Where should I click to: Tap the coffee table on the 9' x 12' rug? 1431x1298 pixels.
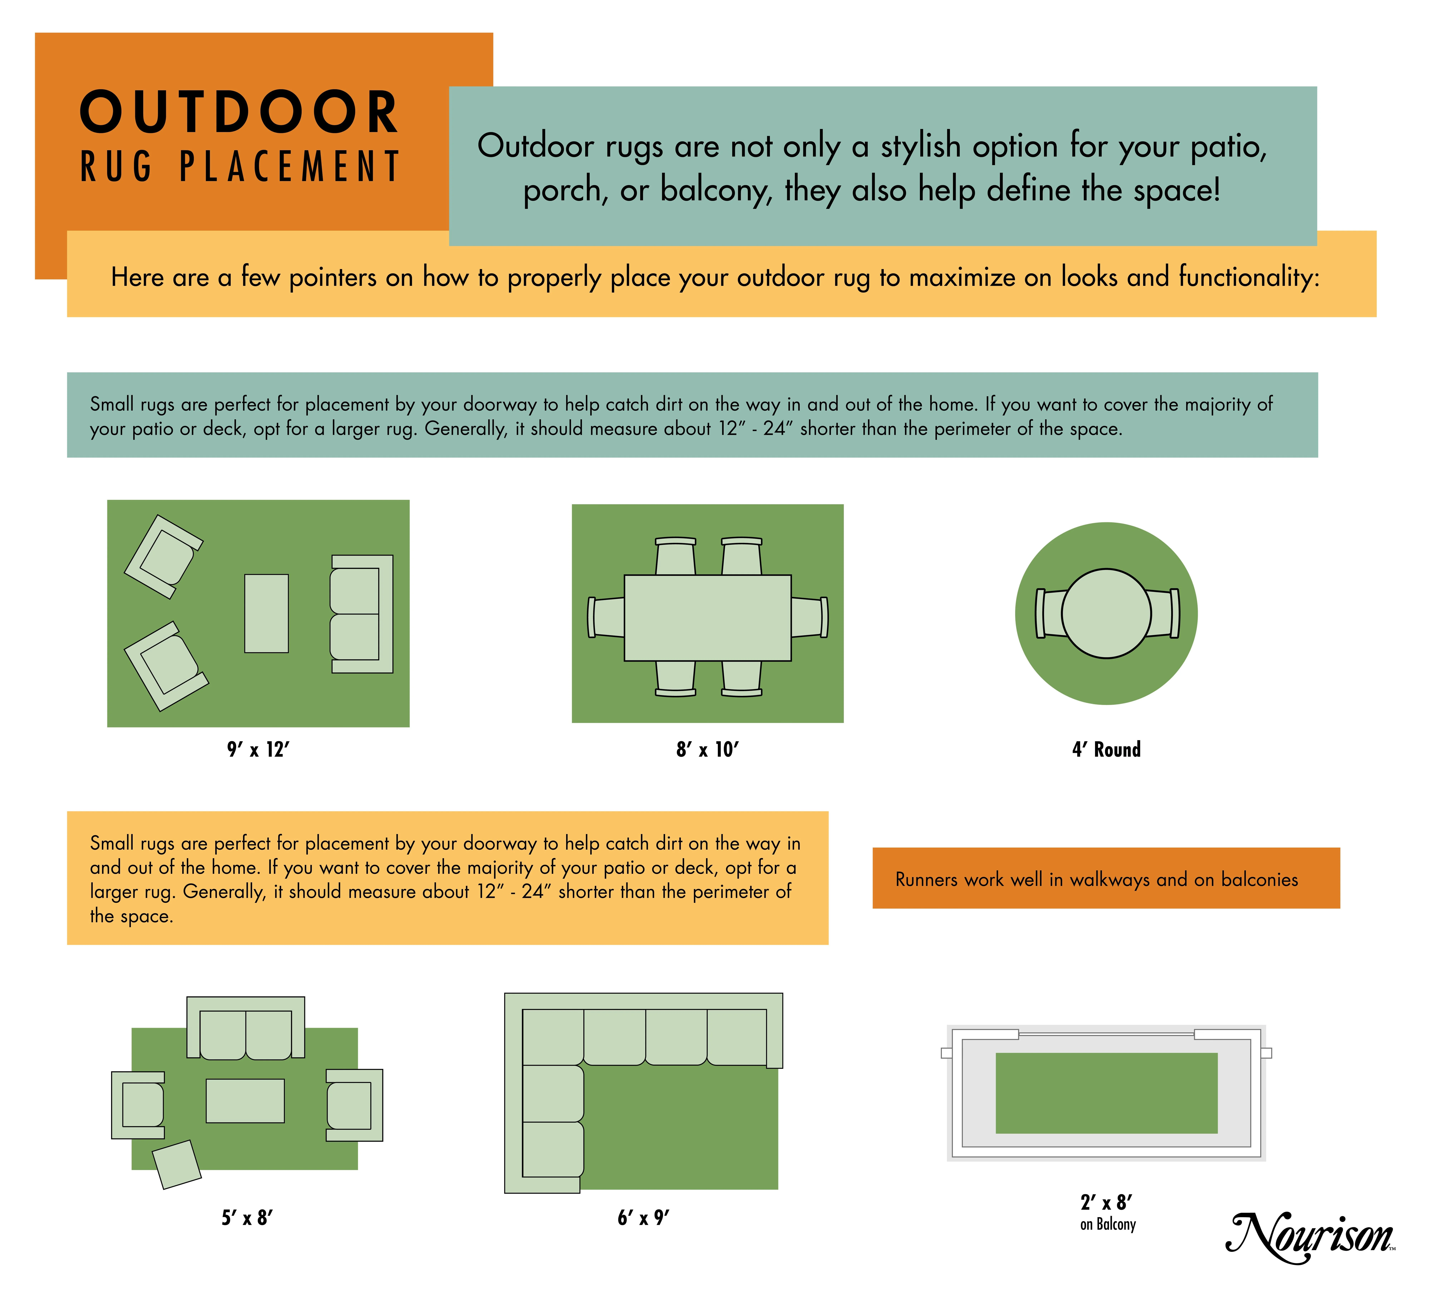(266, 613)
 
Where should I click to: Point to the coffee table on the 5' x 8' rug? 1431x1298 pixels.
(245, 1101)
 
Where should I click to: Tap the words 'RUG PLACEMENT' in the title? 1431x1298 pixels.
(240, 166)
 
